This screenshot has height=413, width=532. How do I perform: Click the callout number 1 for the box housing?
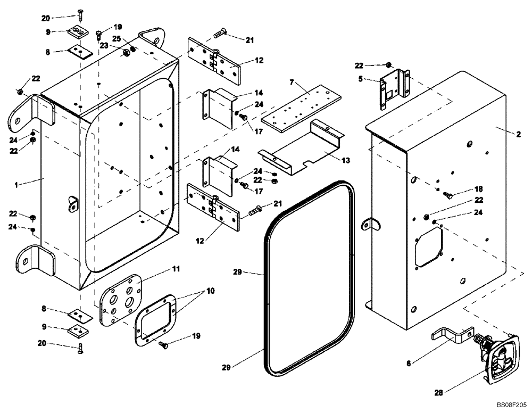click(x=16, y=184)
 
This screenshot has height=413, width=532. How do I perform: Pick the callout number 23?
click(x=104, y=46)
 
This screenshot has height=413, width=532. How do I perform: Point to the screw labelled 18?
click(x=448, y=195)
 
